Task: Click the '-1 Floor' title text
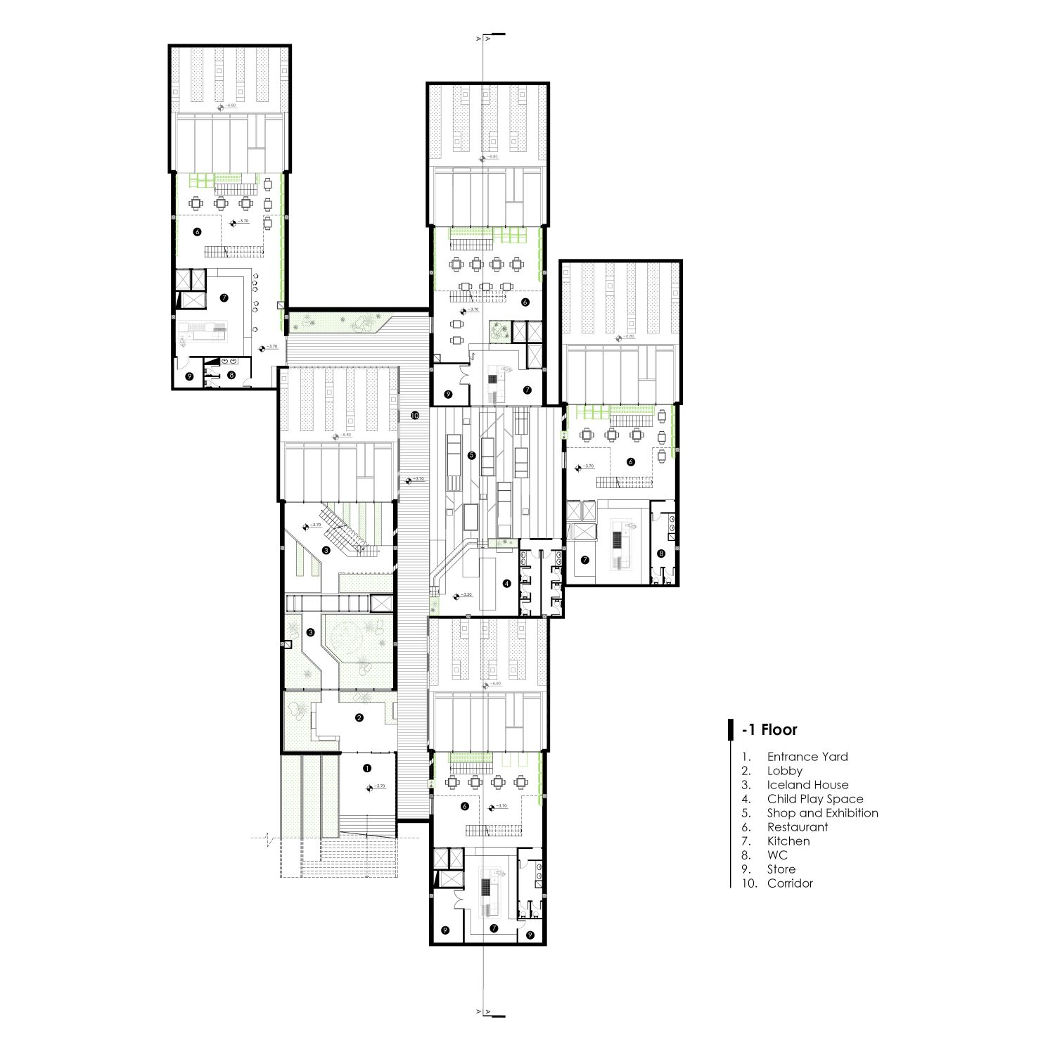pyautogui.click(x=769, y=729)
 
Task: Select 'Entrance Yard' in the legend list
pyautogui.click(x=807, y=757)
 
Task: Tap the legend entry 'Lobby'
pyautogui.click(x=784, y=771)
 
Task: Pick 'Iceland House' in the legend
pyautogui.click(x=807, y=785)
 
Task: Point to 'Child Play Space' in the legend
pyautogui.click(x=814, y=799)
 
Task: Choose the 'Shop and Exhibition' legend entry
pyautogui.click(x=822, y=813)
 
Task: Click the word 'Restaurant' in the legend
pyautogui.click(x=798, y=827)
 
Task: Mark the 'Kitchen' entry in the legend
pyautogui.click(x=788, y=841)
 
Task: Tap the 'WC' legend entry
pyautogui.click(x=777, y=855)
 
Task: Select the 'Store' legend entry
pyautogui.click(x=781, y=869)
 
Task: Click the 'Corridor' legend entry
pyautogui.click(x=790, y=883)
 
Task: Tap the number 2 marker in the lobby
pyautogui.click(x=359, y=718)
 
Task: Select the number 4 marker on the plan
pyautogui.click(x=506, y=583)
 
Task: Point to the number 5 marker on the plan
pyautogui.click(x=472, y=455)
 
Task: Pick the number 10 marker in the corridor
pyautogui.click(x=415, y=416)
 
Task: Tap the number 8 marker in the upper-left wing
pyautogui.click(x=231, y=376)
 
